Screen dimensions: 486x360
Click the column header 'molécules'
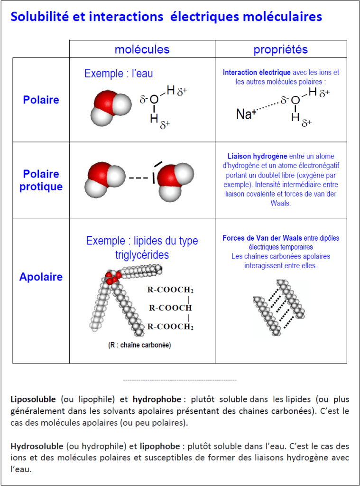click(x=142, y=49)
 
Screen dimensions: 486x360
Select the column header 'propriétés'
click(x=280, y=49)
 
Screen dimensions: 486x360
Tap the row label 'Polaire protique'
click(x=41, y=180)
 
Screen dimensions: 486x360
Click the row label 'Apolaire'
click(x=41, y=277)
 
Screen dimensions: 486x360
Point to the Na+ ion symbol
click(x=246, y=114)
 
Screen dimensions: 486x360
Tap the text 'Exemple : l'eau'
click(x=119, y=74)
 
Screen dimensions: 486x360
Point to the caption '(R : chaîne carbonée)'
click(x=139, y=345)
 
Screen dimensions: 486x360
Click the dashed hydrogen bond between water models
click(x=138, y=178)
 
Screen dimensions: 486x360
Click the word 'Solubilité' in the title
click(x=39, y=17)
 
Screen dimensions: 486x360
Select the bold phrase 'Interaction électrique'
click(x=257, y=73)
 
